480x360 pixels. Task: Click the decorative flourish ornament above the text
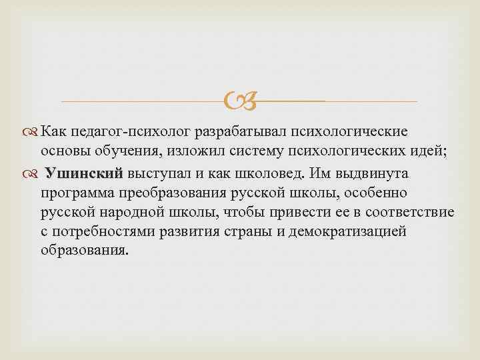coord(239,101)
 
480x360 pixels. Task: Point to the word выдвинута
coord(375,174)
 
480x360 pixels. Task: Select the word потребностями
coord(99,232)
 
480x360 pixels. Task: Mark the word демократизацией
coord(352,232)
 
